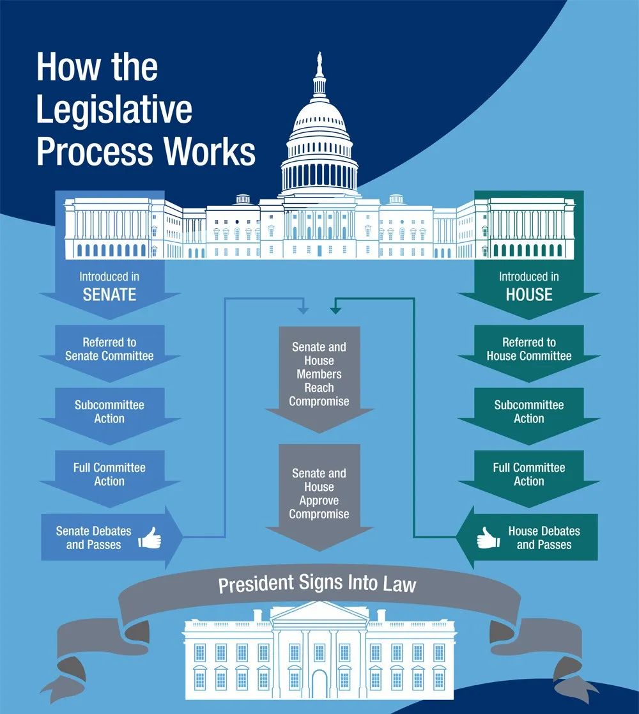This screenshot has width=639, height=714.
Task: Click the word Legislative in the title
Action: click(x=114, y=109)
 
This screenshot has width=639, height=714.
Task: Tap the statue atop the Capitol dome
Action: click(x=319, y=63)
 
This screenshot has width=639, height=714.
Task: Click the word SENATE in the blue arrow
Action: click(x=109, y=295)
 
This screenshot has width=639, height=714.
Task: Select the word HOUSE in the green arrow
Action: click(x=528, y=295)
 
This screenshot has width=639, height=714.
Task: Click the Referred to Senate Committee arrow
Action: click(x=109, y=349)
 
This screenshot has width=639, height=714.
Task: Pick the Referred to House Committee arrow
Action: click(x=528, y=349)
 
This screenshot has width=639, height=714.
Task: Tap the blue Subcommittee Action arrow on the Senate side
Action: click(x=109, y=412)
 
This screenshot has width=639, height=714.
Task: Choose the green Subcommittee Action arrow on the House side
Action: click(x=528, y=412)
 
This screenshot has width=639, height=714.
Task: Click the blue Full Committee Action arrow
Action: click(x=109, y=474)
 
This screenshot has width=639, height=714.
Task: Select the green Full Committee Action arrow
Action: click(x=528, y=474)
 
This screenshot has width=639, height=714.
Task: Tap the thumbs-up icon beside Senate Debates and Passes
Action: click(x=150, y=538)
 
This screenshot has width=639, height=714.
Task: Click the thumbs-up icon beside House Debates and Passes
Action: click(x=488, y=538)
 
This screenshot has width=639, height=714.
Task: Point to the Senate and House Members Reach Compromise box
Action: click(x=319, y=374)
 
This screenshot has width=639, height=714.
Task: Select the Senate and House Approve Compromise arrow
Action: click(x=319, y=493)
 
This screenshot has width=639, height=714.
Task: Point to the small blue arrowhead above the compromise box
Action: click(x=304, y=311)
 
